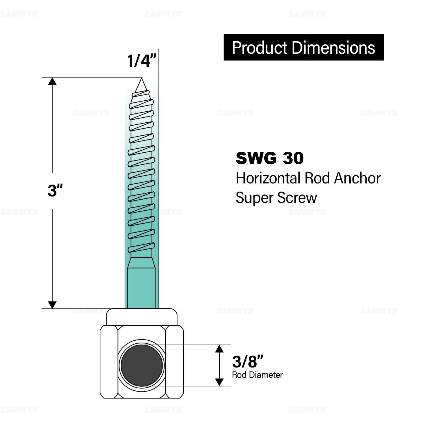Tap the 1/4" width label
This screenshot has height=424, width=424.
click(142, 61)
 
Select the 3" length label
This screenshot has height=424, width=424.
click(55, 190)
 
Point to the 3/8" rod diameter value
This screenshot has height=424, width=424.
click(247, 362)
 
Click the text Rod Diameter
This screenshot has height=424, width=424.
click(257, 375)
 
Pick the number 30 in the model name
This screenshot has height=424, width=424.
click(293, 158)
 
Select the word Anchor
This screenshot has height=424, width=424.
click(357, 178)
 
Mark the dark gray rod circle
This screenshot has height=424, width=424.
click(142, 365)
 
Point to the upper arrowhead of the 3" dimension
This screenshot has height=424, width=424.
click(52, 81)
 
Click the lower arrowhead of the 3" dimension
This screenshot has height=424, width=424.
click(52, 305)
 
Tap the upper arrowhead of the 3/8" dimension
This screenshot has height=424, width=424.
click(219, 349)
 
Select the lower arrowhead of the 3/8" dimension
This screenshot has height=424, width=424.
click(219, 382)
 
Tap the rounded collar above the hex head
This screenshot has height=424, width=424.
click(142, 317)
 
